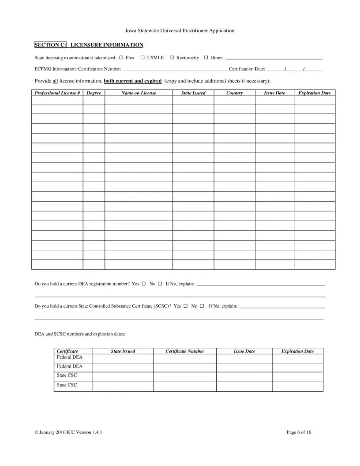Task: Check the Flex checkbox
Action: [121, 58]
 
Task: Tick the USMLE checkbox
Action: [142, 58]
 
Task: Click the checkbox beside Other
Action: [206, 58]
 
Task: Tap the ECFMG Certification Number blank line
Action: [175, 69]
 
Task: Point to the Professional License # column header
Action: [57, 93]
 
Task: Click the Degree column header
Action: [94, 93]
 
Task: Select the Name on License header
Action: [139, 93]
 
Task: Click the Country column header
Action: [234, 93]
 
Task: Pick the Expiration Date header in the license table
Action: [314, 93]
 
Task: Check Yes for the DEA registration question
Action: [144, 284]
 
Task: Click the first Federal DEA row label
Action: [69, 357]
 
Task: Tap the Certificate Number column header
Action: [184, 351]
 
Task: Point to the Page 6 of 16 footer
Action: [299, 432]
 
